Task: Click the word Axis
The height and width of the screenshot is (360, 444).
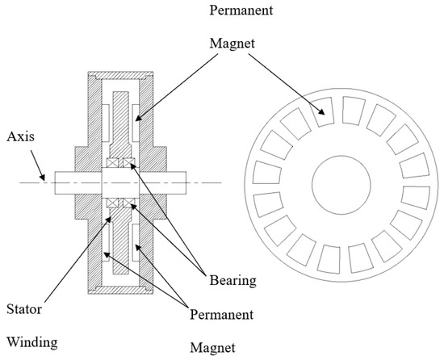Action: (x=18, y=138)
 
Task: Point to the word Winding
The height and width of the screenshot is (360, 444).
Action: (x=29, y=342)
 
